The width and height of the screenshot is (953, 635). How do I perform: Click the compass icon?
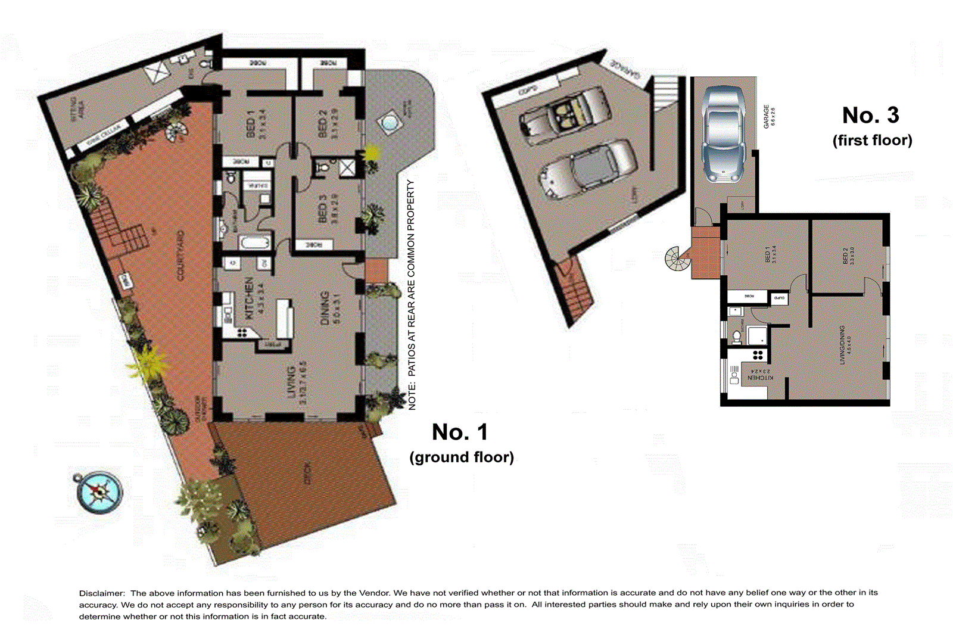99,492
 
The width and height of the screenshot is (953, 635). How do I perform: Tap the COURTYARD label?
180,256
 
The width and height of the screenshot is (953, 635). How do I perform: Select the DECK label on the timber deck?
307,473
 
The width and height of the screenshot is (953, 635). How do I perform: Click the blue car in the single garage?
722,132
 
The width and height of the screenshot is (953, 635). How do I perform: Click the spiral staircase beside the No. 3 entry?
677,259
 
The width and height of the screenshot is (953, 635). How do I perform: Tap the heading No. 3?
870,115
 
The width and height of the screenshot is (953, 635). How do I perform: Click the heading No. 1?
459,432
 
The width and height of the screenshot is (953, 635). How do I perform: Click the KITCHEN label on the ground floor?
250,297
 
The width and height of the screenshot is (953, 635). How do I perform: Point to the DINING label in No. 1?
325,307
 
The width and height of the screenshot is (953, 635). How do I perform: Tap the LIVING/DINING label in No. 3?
842,345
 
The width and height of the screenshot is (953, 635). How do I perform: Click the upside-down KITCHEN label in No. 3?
760,378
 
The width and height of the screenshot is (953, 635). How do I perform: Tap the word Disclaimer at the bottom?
102,593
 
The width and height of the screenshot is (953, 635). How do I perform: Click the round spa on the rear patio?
388,124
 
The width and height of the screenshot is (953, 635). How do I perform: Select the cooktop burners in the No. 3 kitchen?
758,355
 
